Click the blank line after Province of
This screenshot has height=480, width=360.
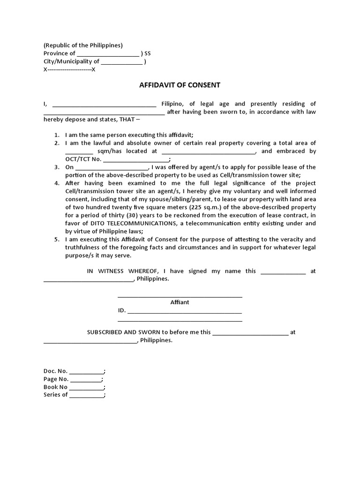(108, 54)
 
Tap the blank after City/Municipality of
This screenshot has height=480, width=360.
(121, 62)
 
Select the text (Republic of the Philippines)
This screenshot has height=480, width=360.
(83, 45)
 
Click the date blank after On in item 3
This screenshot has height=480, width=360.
(112, 167)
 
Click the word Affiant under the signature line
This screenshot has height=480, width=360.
(180, 302)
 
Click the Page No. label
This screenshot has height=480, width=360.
(56, 379)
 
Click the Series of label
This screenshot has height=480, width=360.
(56, 395)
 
